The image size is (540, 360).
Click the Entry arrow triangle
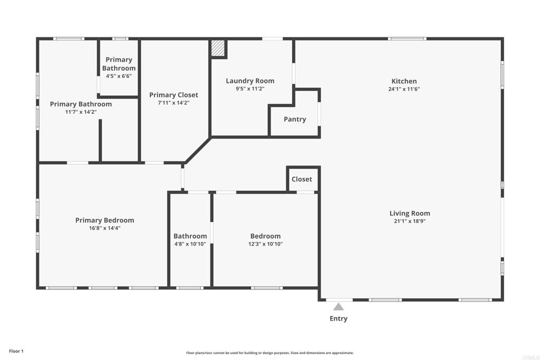click(x=339, y=307)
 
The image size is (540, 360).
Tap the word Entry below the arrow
click(x=339, y=318)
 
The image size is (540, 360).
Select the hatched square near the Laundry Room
click(x=218, y=48)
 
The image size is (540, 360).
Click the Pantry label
click(x=295, y=119)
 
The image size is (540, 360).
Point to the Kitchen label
click(x=404, y=81)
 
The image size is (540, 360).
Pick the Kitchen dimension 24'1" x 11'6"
click(x=404, y=89)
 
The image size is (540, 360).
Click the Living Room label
click(x=410, y=213)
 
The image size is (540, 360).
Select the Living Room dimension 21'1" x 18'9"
click(x=410, y=221)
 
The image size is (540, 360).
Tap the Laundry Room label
click(x=250, y=81)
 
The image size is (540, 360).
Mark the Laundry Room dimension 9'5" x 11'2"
click(x=250, y=89)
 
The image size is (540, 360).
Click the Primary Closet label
click(x=173, y=95)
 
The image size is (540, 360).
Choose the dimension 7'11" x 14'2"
click(x=173, y=103)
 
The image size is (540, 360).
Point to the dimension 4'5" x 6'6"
click(x=119, y=76)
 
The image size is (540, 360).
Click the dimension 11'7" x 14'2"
click(x=81, y=112)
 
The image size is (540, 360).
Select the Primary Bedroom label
click(x=104, y=220)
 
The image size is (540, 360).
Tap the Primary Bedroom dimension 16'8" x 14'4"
click(x=104, y=228)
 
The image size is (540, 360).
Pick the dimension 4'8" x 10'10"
click(x=190, y=244)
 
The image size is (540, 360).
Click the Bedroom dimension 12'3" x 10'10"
click(x=265, y=244)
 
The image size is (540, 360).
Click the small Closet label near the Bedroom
click(x=302, y=179)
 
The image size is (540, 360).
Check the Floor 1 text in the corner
click(x=16, y=351)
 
